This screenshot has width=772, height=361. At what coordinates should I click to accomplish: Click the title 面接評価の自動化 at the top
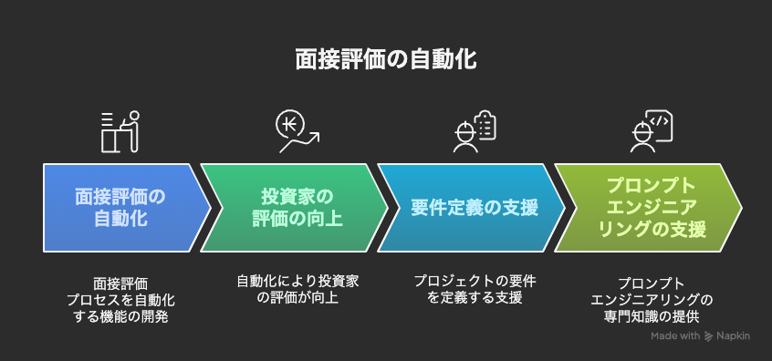tap(385, 60)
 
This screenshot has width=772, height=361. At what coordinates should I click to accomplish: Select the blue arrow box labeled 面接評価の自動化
tap(117, 208)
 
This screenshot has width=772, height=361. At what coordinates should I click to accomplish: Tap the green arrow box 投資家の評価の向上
tap(292, 208)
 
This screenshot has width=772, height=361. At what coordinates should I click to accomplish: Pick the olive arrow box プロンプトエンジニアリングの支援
tap(648, 208)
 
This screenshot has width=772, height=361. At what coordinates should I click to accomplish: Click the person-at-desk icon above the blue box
tap(119, 131)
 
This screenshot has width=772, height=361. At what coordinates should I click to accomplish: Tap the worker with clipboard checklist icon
tap(475, 131)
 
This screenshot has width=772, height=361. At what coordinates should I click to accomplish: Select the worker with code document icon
tap(652, 131)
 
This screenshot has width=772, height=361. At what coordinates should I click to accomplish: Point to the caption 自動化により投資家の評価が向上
tap(297, 290)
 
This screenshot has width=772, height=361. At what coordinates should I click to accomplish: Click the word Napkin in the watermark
tap(734, 336)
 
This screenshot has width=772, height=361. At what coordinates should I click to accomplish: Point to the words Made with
tap(675, 336)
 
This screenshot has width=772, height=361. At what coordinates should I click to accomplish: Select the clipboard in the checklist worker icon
tap(485, 125)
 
